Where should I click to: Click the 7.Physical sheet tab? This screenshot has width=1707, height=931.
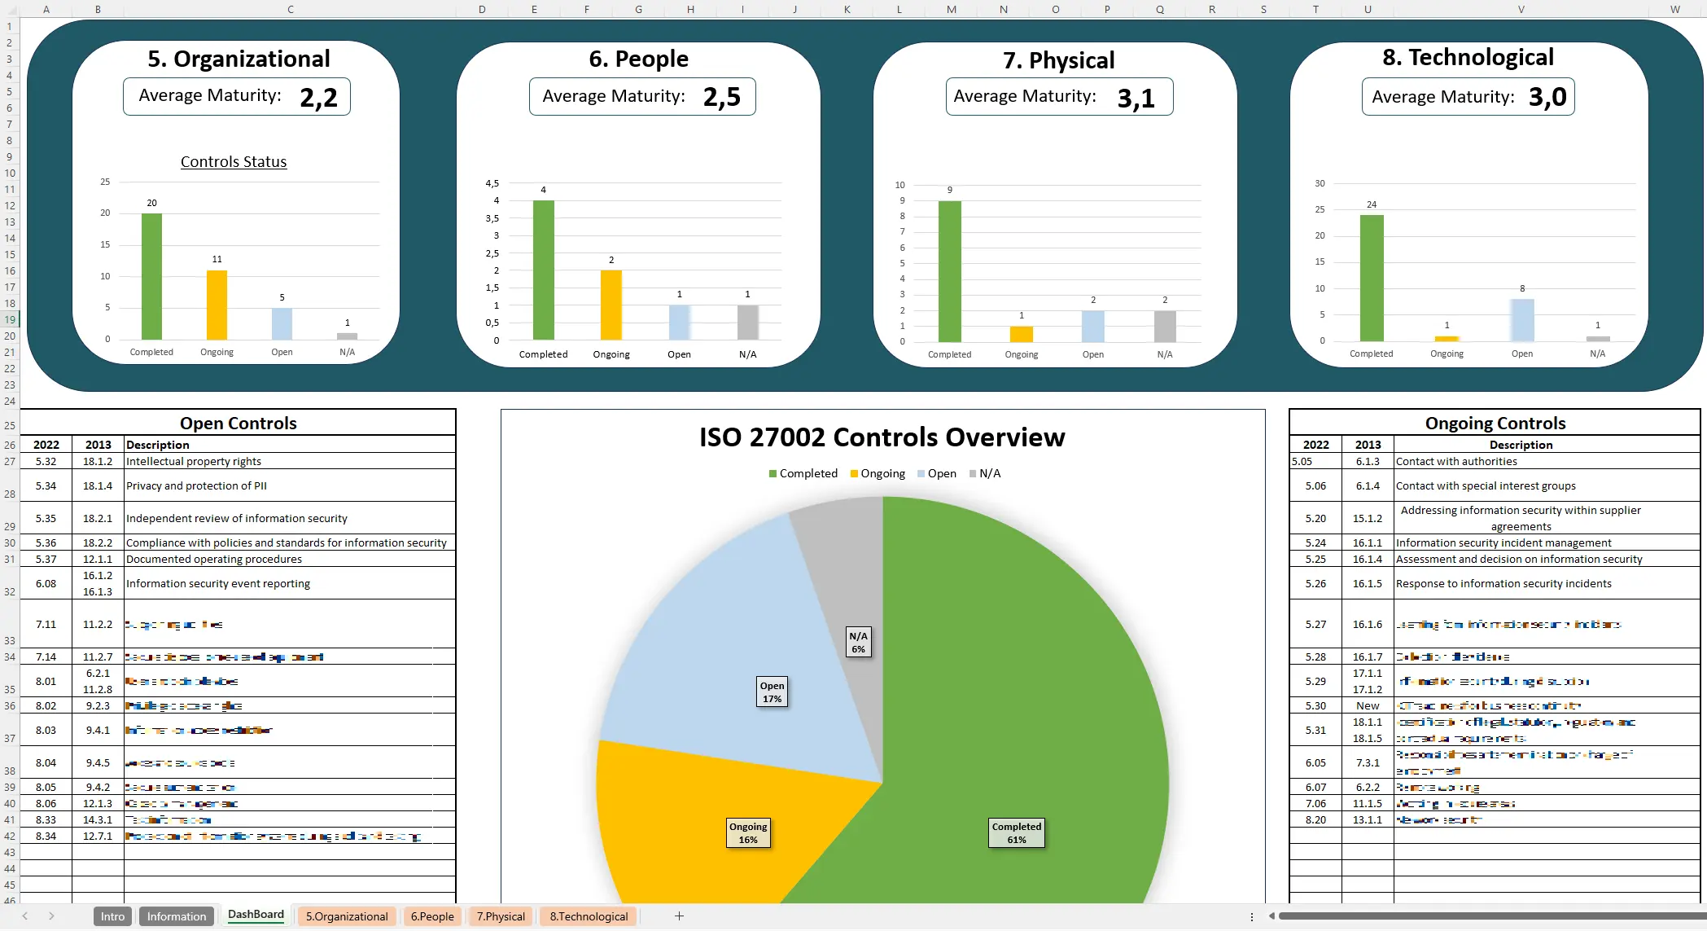click(501, 916)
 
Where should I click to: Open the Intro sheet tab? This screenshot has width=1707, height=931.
click(112, 916)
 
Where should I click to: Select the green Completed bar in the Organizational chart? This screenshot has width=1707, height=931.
click(151, 277)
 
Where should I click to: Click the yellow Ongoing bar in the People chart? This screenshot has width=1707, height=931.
click(611, 305)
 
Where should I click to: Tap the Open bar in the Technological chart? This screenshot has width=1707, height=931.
click(1521, 320)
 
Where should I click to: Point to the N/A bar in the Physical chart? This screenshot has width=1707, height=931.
click(1165, 326)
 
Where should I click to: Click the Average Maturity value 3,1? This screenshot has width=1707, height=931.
click(1136, 99)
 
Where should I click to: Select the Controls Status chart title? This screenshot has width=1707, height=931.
click(234, 161)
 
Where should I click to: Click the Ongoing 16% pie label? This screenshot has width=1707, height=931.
click(748, 832)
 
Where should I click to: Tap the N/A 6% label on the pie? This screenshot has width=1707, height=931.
click(858, 642)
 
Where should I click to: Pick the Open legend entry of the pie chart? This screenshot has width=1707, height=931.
click(937, 473)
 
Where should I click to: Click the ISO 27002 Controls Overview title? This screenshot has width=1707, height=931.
click(882, 437)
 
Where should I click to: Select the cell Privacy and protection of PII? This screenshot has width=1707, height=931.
click(196, 485)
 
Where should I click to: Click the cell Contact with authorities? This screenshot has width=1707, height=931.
click(1456, 461)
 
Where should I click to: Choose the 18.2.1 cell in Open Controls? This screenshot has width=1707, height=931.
click(98, 518)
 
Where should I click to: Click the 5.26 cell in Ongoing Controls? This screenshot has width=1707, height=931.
click(1315, 583)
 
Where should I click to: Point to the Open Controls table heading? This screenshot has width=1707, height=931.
click(238, 423)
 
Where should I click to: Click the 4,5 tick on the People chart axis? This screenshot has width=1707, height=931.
click(492, 183)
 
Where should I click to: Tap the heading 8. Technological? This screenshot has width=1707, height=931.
click(1468, 57)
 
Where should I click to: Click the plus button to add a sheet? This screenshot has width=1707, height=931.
click(679, 916)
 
